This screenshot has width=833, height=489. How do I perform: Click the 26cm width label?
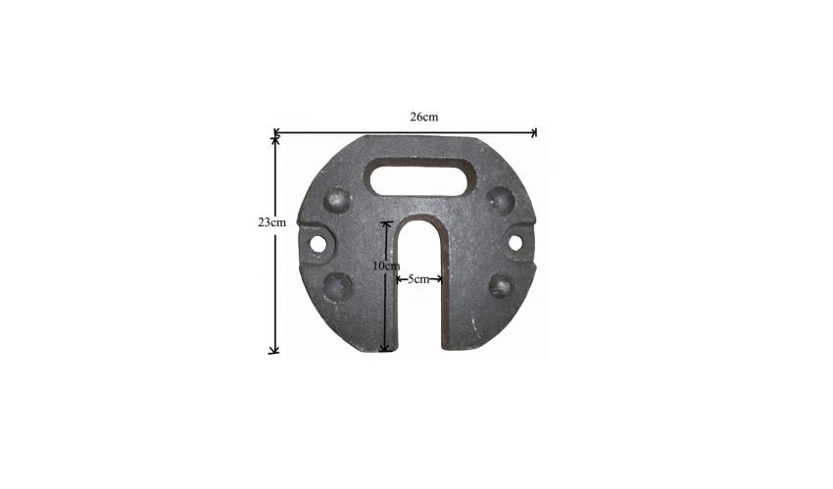pos(424,117)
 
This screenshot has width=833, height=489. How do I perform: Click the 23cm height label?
pos(272,222)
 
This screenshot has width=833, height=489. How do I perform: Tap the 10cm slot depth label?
pos(386,266)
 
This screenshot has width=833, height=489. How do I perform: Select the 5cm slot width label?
pos(418,279)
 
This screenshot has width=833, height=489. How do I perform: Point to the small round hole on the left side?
pos(318,244)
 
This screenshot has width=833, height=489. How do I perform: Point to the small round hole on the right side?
pos(515,243)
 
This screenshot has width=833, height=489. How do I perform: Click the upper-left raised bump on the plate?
pos(337,201)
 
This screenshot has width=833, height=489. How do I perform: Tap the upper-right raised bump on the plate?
pos(501,201)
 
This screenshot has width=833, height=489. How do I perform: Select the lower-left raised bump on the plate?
pos(337,287)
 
